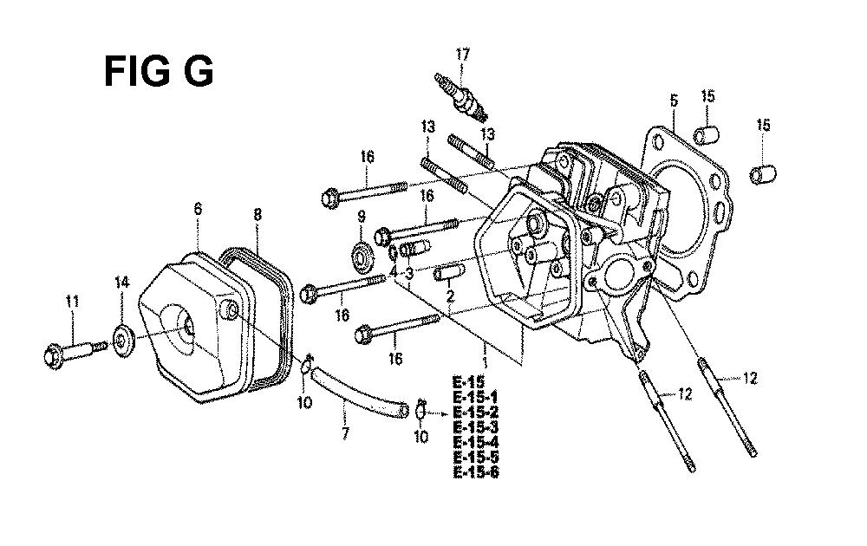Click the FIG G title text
158,72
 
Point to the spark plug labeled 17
462,97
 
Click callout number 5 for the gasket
674,100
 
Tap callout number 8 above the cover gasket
257,214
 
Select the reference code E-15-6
475,473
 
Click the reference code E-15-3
475,427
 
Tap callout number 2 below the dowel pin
450,296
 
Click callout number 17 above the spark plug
462,54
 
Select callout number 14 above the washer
121,283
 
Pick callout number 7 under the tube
346,433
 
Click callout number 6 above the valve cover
198,209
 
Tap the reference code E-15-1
475,397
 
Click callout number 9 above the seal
362,216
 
